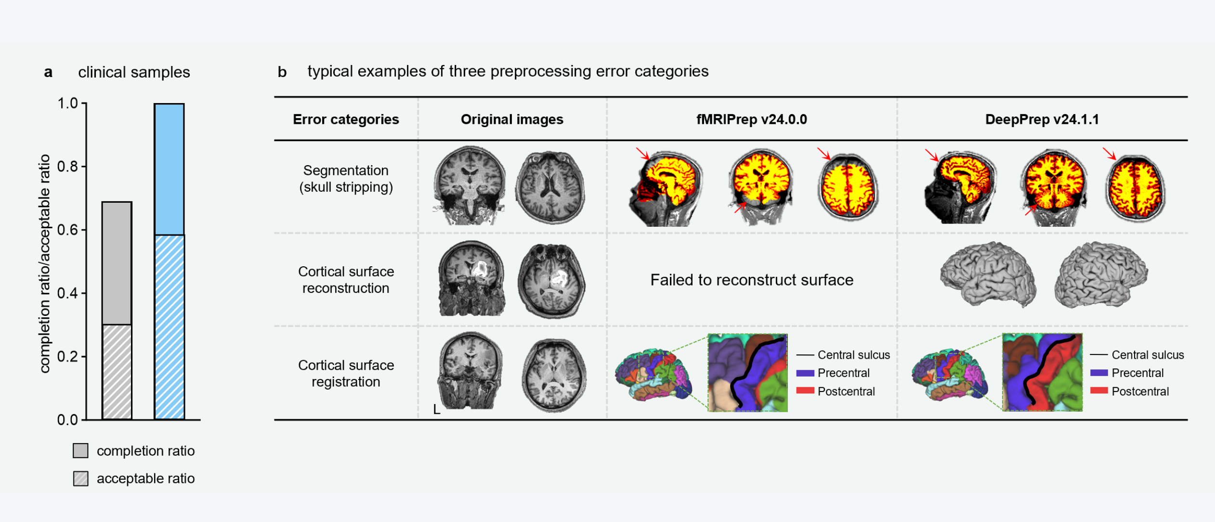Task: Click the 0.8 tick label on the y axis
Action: click(67, 167)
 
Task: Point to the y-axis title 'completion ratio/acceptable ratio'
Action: click(45, 263)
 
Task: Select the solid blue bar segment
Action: click(169, 169)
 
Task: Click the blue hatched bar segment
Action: click(169, 327)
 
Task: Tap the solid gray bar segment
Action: click(117, 263)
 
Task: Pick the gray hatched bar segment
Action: click(117, 371)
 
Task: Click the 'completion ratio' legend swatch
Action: click(80, 451)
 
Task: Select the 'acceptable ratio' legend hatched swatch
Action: click(80, 479)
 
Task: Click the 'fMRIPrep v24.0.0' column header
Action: click(751, 119)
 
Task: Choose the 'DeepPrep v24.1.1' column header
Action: click(1042, 119)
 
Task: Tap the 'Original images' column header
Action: click(512, 119)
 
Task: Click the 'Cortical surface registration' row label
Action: click(346, 373)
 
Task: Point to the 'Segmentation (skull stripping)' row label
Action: click(346, 179)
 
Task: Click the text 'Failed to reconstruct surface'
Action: click(751, 280)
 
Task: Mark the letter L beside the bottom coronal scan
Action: click(436, 409)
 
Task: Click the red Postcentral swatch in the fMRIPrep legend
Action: click(805, 391)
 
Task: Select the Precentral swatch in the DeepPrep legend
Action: click(1098, 373)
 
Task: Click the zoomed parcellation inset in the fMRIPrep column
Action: click(747, 373)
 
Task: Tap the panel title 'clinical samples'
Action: click(134, 72)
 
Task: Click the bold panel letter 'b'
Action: click(282, 72)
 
